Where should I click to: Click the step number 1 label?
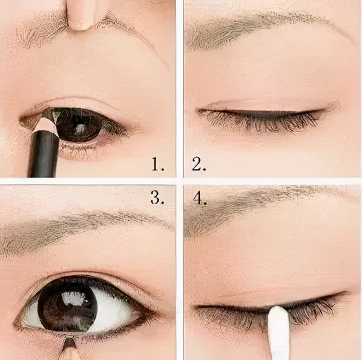[158, 164]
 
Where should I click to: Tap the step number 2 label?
[199, 164]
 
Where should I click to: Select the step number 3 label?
[157, 198]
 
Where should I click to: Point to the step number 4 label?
[200, 198]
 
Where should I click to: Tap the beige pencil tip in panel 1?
[45, 124]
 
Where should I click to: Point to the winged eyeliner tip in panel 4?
[347, 292]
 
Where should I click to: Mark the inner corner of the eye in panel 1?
[23, 121]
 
